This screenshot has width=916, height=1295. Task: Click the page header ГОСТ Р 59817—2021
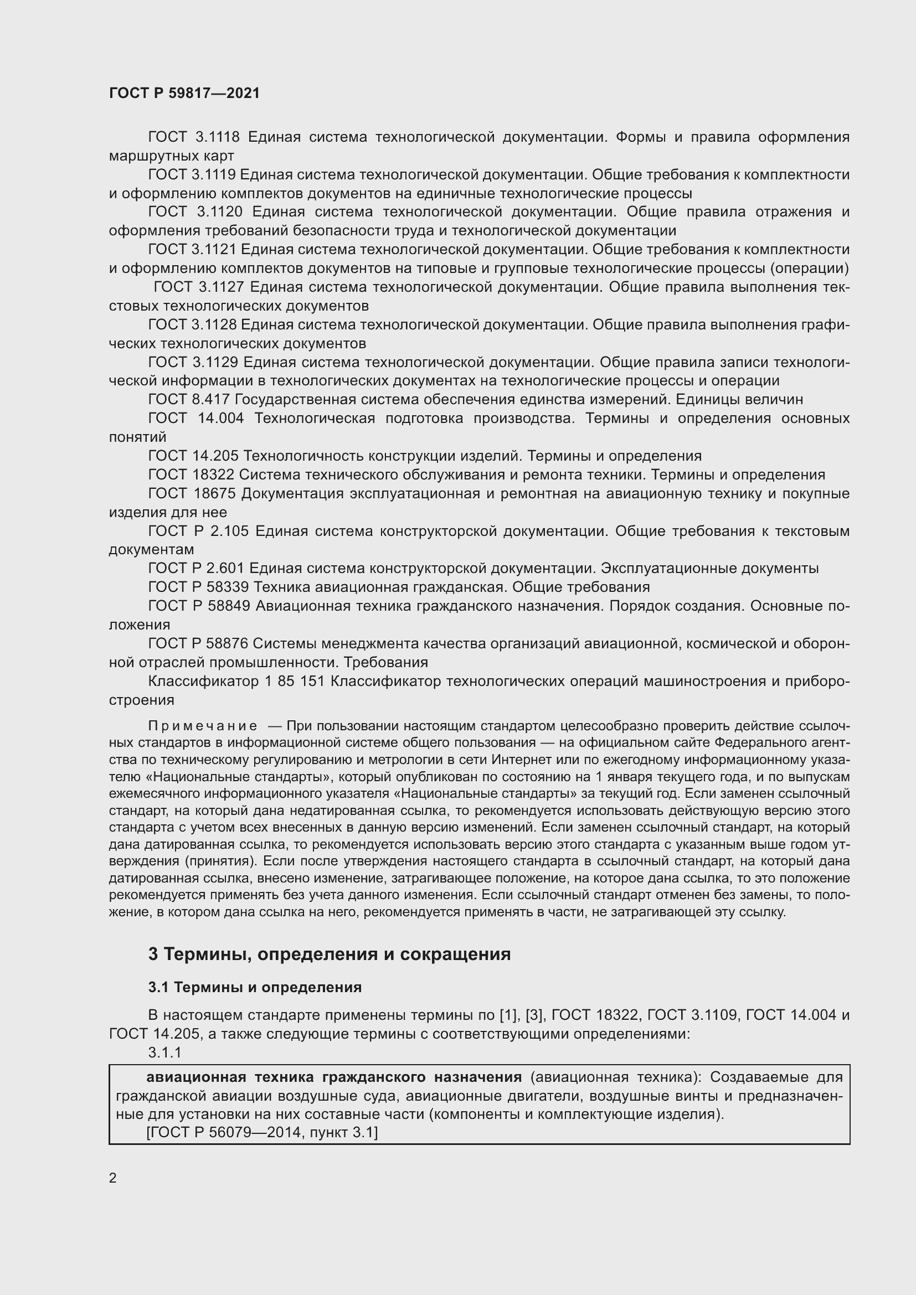pos(184,93)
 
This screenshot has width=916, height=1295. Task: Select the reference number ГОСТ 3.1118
pos(194,137)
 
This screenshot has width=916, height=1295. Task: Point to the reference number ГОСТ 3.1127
pos(199,287)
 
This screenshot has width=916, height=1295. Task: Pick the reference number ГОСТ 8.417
pos(189,400)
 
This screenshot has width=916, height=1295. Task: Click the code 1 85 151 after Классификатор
pos(295,682)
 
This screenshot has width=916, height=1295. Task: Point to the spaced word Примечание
pos(203,725)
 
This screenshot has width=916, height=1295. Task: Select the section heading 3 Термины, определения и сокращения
pos(330,954)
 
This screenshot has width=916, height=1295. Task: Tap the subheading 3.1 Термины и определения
pos(255,987)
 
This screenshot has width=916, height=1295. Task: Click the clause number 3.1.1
pos(164,1052)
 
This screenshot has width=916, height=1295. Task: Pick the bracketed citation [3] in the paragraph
pos(533,1015)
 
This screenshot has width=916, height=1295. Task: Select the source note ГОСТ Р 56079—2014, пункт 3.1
pos(263,1132)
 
